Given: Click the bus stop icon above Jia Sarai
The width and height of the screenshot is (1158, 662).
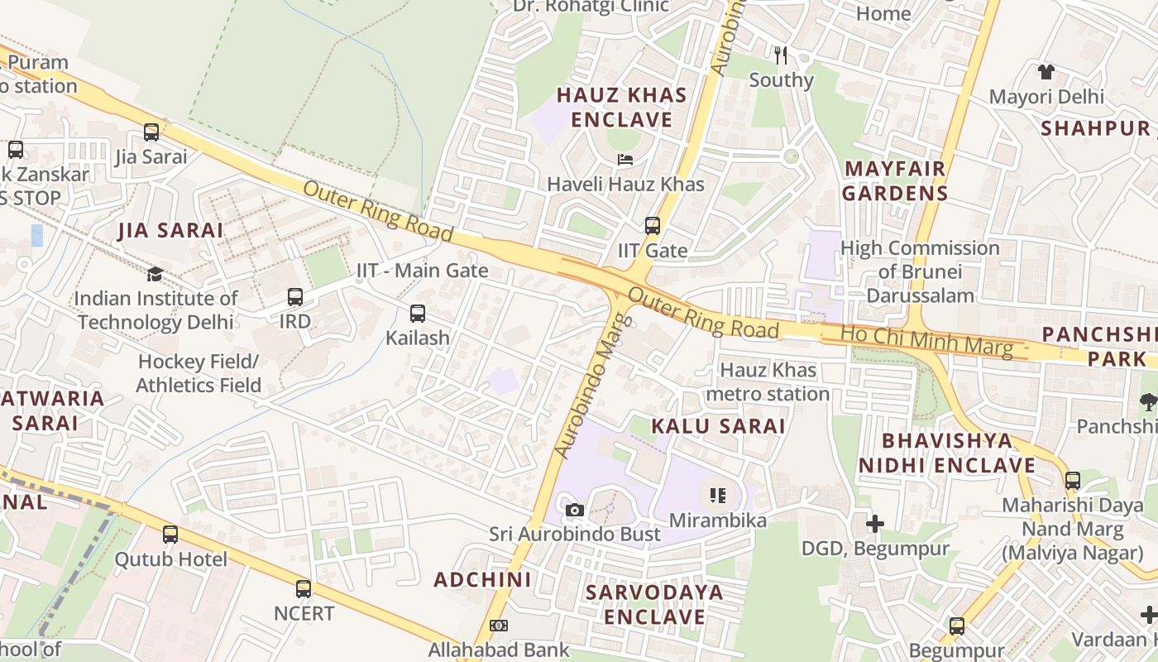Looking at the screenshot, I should [151, 132].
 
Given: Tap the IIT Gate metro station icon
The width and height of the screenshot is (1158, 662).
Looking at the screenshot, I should [653, 225].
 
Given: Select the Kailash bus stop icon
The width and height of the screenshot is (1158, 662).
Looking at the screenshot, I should [418, 314].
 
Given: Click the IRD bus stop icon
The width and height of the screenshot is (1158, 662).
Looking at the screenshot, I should [295, 296].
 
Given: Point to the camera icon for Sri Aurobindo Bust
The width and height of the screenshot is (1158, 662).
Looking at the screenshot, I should [575, 510].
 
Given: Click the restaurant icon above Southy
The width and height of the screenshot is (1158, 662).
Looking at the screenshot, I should [781, 55].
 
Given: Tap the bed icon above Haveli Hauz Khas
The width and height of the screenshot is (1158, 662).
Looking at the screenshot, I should [625, 159].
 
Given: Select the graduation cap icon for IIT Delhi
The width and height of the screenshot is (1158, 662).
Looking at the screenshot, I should [155, 274].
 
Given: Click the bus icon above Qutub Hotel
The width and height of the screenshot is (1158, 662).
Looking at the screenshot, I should [170, 534].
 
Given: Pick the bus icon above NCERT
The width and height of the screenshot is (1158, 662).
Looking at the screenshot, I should [304, 588].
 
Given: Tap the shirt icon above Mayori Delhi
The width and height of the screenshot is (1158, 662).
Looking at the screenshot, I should [1046, 72].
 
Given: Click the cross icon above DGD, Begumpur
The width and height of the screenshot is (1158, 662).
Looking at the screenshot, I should [874, 523].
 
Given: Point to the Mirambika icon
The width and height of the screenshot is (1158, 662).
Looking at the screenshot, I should [717, 496].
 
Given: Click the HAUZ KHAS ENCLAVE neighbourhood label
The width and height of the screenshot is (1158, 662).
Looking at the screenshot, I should [621, 108].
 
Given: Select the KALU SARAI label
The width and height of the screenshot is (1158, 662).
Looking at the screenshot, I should [717, 426].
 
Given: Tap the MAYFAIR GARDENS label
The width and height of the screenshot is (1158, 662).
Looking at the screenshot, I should [895, 181].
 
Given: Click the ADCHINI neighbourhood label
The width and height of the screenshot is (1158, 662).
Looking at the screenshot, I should [482, 579].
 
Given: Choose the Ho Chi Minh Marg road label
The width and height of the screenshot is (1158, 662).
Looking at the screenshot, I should [926, 341].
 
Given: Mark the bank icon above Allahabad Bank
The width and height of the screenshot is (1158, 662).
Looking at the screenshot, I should [499, 626].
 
